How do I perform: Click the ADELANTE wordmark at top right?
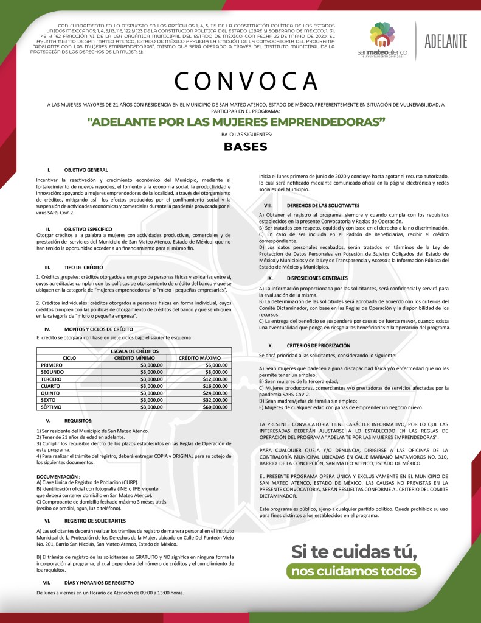pos(446,41)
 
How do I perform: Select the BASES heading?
pos(246,147)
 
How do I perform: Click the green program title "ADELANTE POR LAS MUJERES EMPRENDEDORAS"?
pos(237,121)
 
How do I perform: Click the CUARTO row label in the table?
pos(52,385)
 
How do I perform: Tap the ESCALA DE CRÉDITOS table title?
pos(134,351)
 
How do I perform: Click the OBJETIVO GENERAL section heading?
pos(86,169)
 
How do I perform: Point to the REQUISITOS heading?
pos(78,421)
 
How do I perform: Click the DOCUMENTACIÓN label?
pos(57,476)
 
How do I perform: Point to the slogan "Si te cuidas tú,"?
pos(354,551)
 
